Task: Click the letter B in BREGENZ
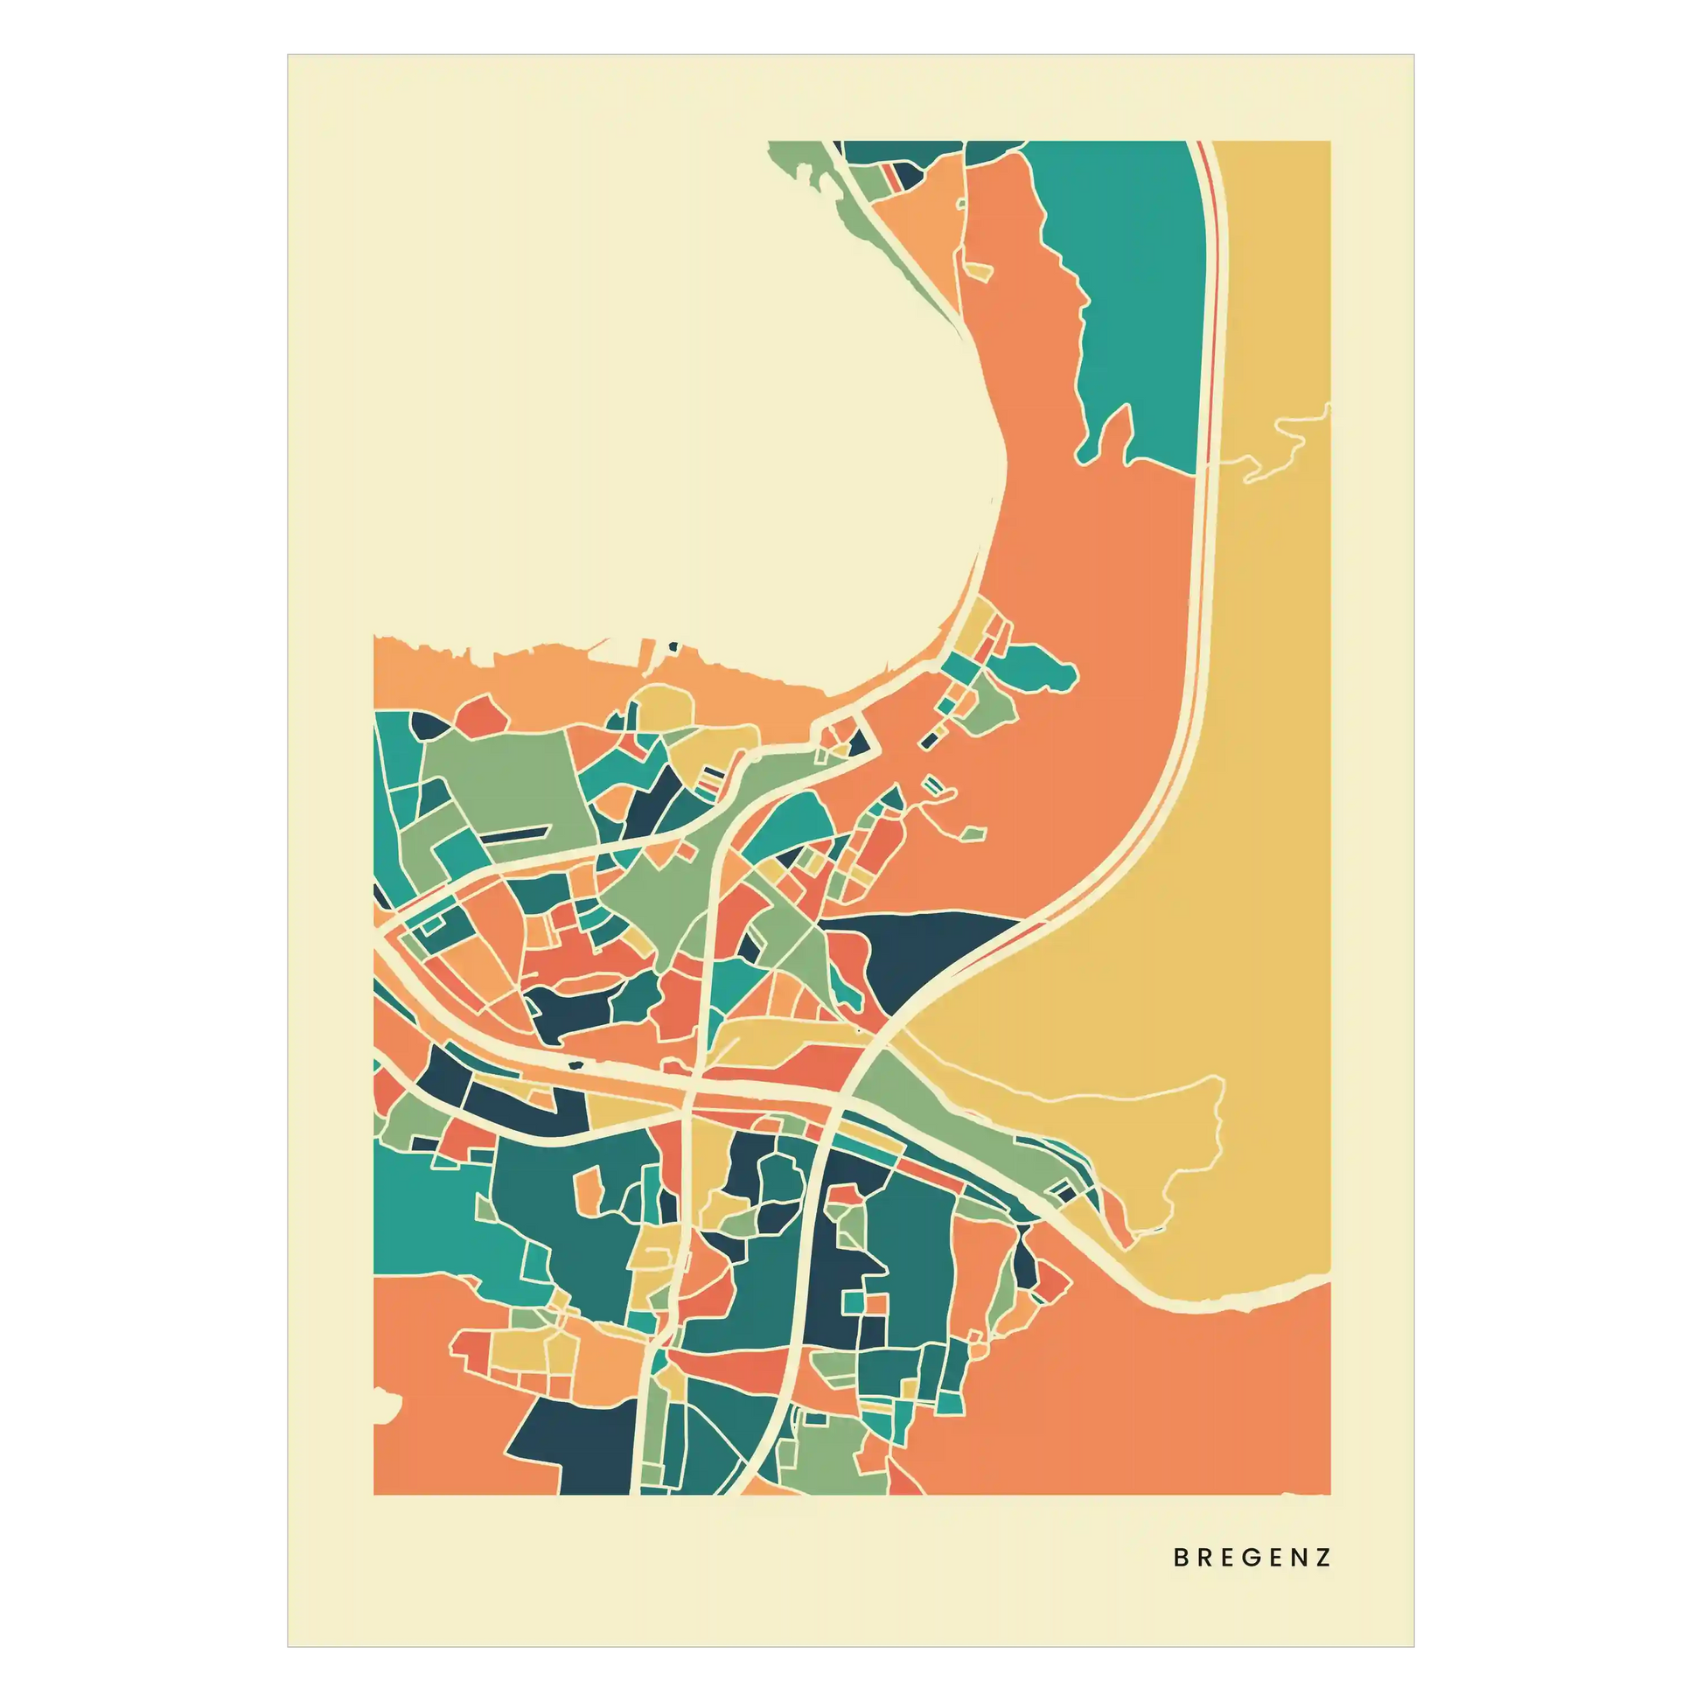1182,1558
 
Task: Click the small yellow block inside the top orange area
979,269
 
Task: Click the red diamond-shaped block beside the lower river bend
1050,1282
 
